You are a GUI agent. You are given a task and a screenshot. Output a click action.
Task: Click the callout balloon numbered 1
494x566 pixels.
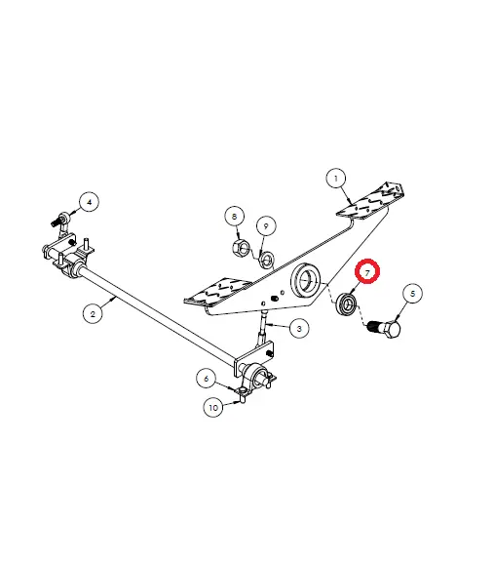pos(336,179)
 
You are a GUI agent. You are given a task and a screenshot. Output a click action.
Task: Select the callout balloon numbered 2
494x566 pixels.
pos(93,313)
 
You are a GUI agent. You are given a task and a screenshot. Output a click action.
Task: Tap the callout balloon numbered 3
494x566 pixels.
pos(299,329)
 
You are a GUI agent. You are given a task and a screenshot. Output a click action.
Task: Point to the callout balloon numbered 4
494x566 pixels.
pos(90,202)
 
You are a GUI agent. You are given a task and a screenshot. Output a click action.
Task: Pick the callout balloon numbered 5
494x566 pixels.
pos(412,294)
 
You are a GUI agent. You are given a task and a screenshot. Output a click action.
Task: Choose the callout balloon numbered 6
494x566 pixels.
pos(207,379)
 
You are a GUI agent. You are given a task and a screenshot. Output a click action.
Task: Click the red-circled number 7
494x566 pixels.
pos(367,272)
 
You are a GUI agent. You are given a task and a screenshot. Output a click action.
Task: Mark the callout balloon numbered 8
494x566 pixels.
pos(235,217)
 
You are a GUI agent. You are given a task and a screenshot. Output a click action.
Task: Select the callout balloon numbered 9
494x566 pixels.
pos(266,226)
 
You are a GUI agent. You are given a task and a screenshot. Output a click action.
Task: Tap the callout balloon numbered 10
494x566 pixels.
pos(213,408)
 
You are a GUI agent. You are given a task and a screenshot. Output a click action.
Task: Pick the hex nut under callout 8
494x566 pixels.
pos(240,248)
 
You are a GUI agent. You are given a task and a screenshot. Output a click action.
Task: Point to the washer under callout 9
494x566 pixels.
pos(267,259)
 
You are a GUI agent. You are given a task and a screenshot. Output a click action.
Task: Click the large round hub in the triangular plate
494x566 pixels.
pos(305,281)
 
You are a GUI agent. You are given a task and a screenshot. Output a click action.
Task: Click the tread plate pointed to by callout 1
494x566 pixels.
pos(369,201)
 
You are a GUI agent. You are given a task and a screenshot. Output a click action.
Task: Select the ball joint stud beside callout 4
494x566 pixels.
pos(60,220)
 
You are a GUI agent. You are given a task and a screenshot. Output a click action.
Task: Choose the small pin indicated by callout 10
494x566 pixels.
pos(243,400)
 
